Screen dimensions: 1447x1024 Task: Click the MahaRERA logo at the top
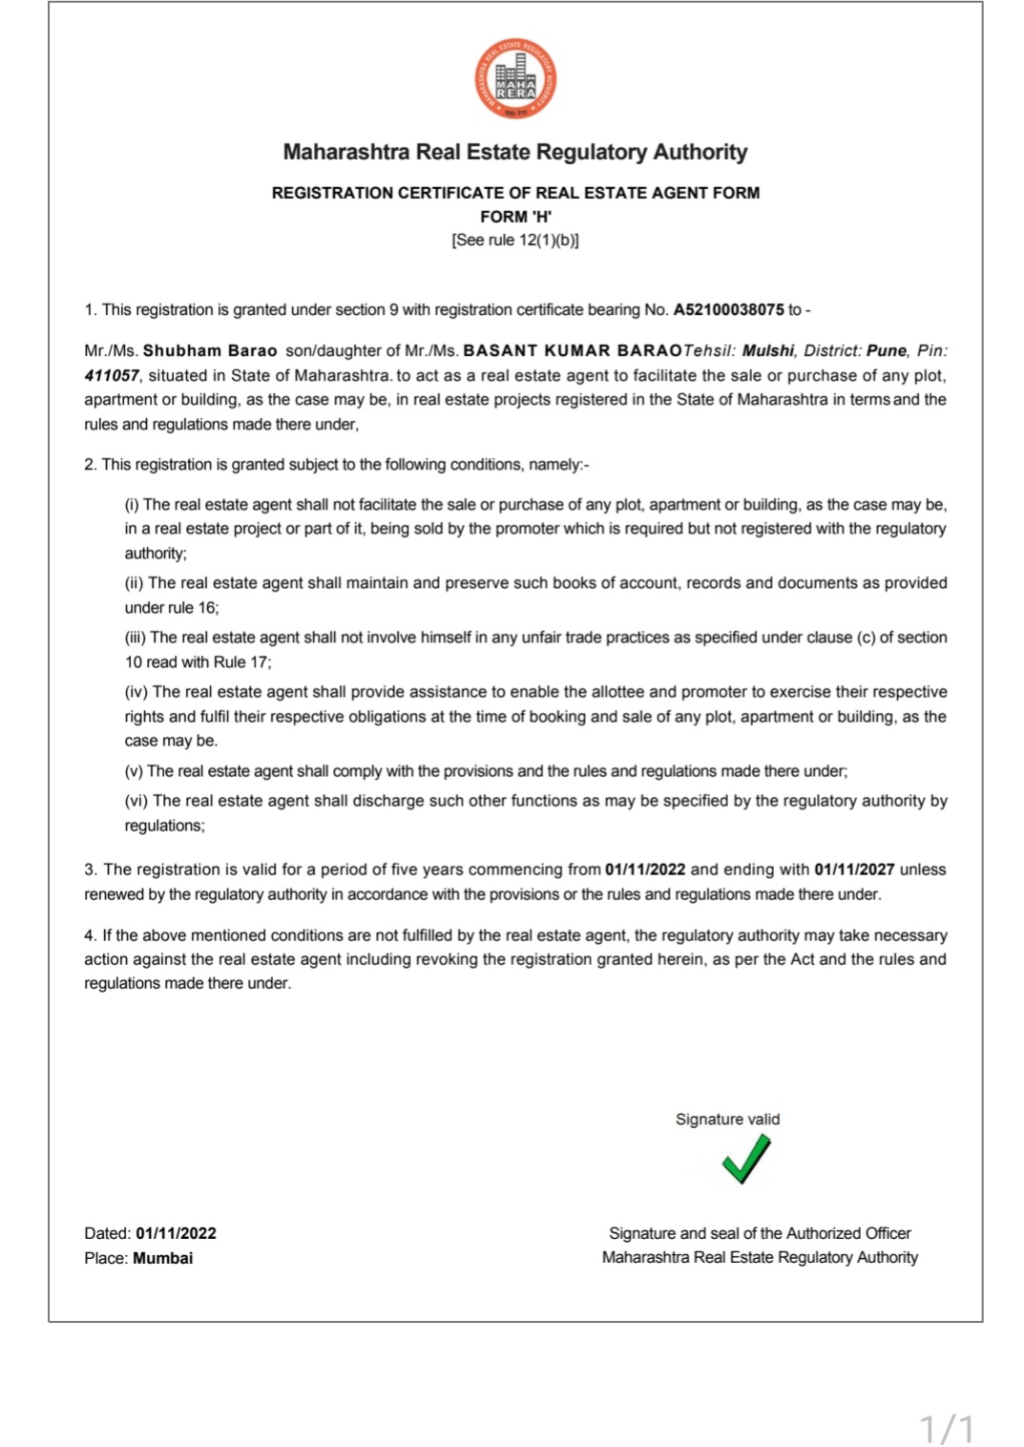click(515, 78)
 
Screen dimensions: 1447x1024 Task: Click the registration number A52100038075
click(728, 309)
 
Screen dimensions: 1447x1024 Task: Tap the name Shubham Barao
click(210, 350)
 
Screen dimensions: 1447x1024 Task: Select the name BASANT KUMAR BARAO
click(573, 350)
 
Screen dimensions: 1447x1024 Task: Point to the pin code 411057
click(111, 375)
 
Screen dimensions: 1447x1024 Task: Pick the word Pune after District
click(886, 350)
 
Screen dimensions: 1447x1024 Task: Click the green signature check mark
click(745, 1159)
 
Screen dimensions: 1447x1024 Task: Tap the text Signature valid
click(727, 1119)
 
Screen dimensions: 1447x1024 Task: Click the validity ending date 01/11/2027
click(854, 869)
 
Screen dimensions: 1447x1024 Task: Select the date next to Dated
click(176, 1232)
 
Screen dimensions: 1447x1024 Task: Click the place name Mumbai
click(162, 1257)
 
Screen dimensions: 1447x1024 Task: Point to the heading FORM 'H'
click(515, 217)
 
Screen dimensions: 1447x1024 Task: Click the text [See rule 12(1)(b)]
click(515, 240)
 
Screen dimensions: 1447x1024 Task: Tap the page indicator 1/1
click(947, 1429)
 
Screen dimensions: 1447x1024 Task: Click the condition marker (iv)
click(136, 691)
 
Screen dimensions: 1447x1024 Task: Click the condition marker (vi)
click(136, 801)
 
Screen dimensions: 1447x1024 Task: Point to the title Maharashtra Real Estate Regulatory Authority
click(515, 152)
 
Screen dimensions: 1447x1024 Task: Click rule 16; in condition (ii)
click(194, 607)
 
